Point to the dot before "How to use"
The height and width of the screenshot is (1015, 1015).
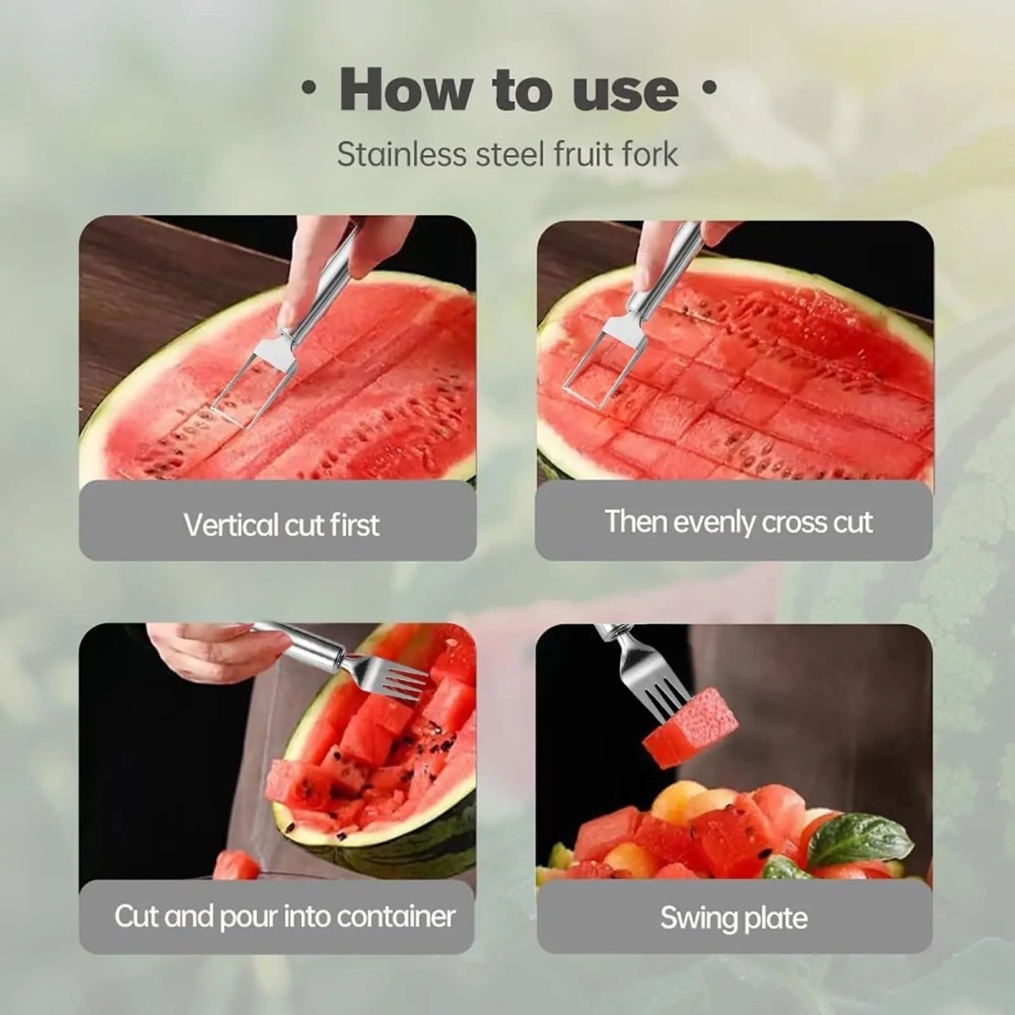[x=310, y=88]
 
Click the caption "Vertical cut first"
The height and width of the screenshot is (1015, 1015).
[x=281, y=524]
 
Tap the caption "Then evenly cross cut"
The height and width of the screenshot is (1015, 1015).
[x=738, y=522]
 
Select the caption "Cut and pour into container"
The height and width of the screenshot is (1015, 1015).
[x=284, y=917]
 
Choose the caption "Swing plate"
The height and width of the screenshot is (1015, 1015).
[x=733, y=918]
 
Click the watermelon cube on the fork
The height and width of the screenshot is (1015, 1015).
[x=689, y=727]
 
